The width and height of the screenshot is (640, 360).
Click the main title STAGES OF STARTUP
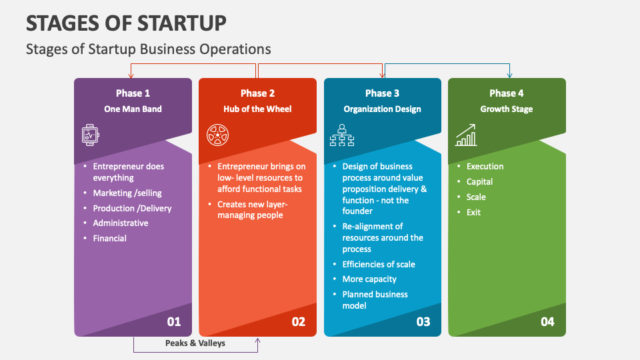point(126,23)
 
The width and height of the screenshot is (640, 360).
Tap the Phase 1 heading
point(133,93)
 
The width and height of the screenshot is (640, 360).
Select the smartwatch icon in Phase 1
point(90,135)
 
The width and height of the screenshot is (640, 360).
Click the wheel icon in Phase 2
point(217,135)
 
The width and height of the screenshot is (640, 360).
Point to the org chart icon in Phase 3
point(342,135)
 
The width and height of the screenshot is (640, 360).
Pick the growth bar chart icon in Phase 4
point(466,135)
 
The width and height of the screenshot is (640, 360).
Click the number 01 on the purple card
point(174,321)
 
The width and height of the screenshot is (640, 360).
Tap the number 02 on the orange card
point(299,321)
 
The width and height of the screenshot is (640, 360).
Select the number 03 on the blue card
point(423,321)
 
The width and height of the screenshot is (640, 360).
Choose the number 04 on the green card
point(547,321)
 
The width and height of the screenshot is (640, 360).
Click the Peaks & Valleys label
point(195,343)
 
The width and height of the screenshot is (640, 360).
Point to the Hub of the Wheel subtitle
point(257,109)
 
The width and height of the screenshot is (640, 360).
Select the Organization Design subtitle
point(382,109)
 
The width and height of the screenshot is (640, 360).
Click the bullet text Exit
point(473,212)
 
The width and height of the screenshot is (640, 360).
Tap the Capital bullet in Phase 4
point(479,181)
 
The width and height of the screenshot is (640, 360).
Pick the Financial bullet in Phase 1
point(110,239)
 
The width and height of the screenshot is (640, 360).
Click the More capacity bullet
point(369,279)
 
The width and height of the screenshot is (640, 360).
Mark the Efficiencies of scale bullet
point(379,264)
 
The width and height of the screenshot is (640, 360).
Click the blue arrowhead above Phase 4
point(509,75)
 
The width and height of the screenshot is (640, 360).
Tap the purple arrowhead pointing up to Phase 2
point(257,341)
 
